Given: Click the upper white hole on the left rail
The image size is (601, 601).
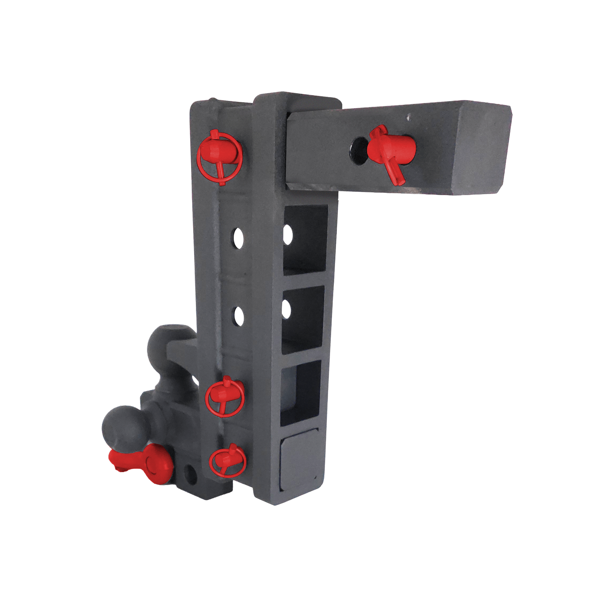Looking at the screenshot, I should pos(239,239).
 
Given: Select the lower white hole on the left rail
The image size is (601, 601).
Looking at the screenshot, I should pos(239,316).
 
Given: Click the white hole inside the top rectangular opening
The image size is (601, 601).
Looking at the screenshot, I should pos(288,235).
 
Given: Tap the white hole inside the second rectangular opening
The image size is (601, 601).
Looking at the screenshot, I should pos(286,310).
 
